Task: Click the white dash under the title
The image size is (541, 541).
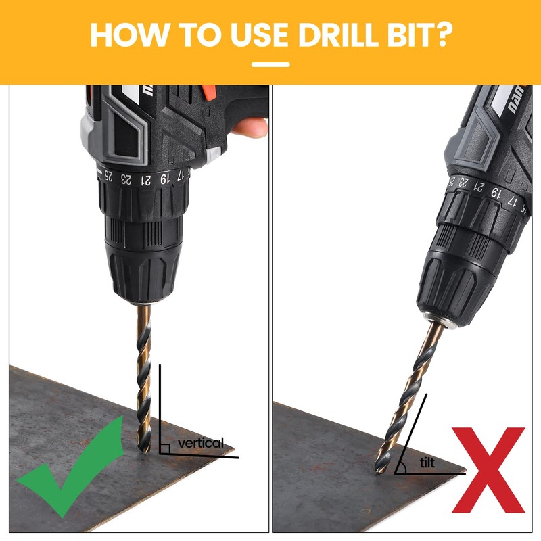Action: click(x=270, y=65)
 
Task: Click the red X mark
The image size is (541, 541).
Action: click(x=488, y=469)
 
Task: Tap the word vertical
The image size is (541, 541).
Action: click(x=200, y=443)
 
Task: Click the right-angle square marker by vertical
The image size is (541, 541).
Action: click(x=164, y=448)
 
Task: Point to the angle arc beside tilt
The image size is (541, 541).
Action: click(x=402, y=465)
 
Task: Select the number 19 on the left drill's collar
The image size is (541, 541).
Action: click(x=164, y=179)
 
